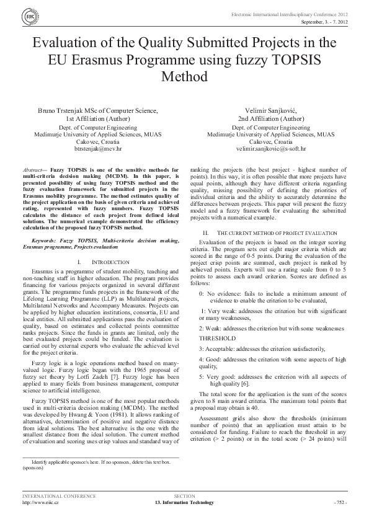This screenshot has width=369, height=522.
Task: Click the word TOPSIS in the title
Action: click(291, 61)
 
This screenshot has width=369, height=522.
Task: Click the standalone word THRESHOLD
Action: click(217, 338)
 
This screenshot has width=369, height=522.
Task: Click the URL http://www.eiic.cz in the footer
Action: click(40, 502)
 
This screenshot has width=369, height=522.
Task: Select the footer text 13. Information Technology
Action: click(184, 502)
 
